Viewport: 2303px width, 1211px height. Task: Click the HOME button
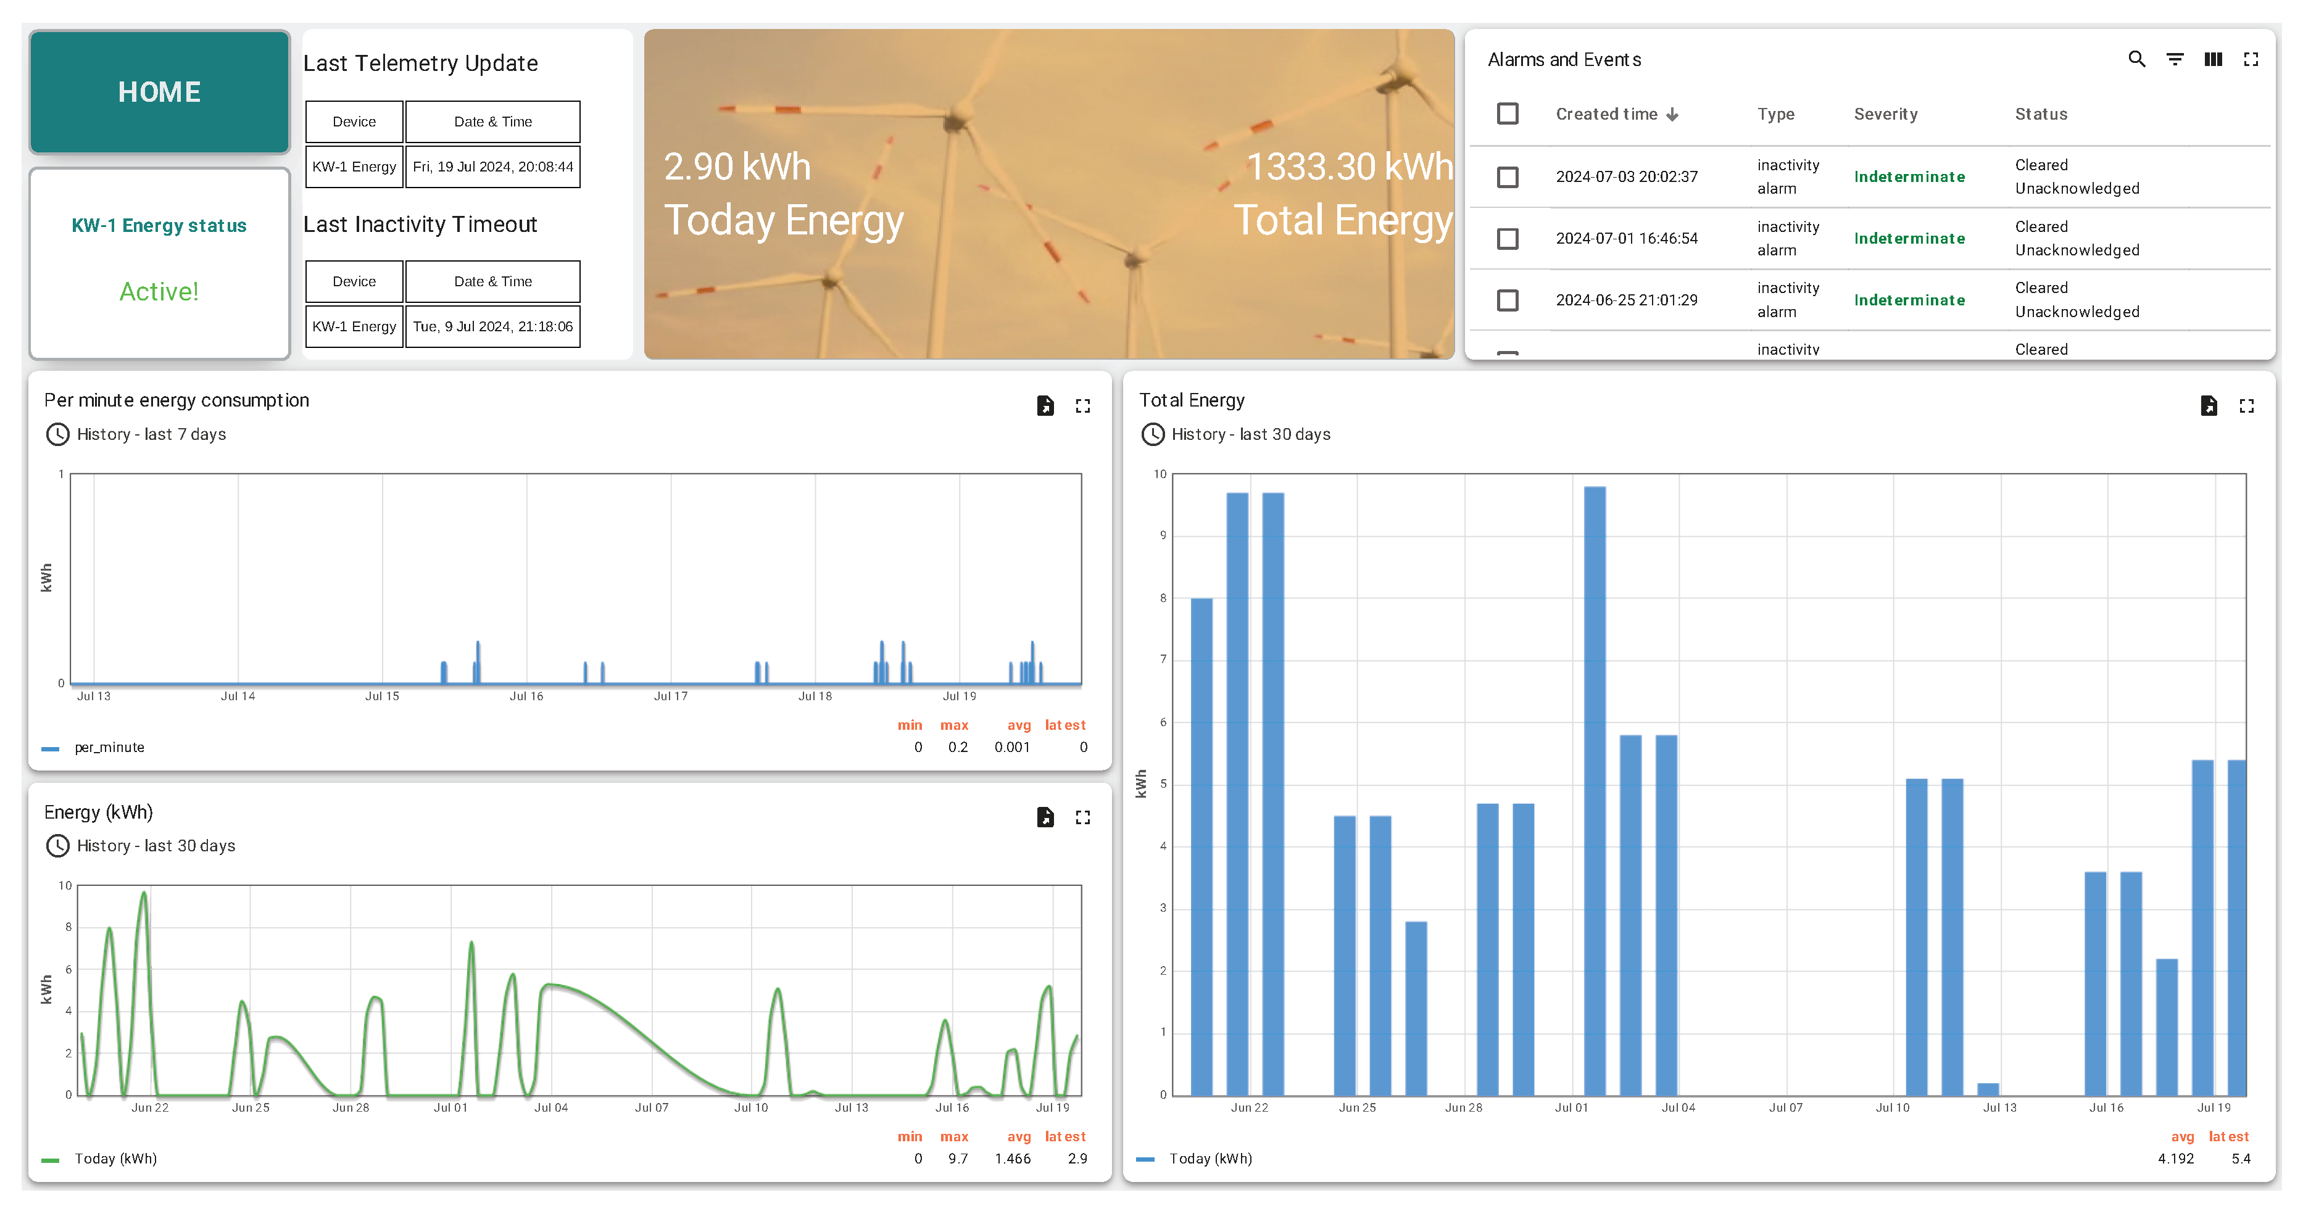[159, 92]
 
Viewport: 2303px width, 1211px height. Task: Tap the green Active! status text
[159, 291]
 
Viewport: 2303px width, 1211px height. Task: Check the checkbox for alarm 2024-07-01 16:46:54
[1508, 239]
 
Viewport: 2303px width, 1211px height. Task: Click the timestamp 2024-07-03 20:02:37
[1626, 177]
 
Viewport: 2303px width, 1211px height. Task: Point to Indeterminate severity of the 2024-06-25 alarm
[1909, 300]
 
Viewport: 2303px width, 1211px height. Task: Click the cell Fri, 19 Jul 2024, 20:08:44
[492, 167]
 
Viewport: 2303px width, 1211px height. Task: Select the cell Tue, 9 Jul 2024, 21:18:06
[492, 327]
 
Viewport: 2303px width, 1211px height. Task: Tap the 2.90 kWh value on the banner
[737, 167]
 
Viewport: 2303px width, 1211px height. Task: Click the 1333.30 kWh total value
[1348, 167]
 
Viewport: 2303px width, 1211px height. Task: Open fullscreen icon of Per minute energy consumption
[1082, 407]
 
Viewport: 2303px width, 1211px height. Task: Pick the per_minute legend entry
[109, 748]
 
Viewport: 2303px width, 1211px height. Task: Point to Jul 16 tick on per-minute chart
[526, 696]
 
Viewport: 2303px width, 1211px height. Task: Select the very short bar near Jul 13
[1988, 1089]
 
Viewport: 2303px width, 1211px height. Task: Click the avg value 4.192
[2175, 1159]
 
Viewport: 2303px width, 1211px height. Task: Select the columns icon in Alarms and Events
[2213, 60]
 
